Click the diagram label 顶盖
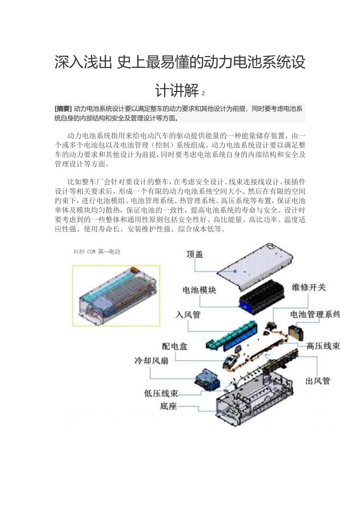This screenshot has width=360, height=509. [x=195, y=254]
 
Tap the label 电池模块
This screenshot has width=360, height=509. [x=199, y=290]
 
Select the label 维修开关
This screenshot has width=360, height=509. [x=308, y=287]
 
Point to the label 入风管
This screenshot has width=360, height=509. [x=188, y=315]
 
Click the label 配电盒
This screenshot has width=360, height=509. [x=175, y=346]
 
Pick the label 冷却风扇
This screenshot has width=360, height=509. [x=151, y=361]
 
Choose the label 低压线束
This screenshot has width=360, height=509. [x=161, y=393]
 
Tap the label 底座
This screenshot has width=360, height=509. [x=168, y=406]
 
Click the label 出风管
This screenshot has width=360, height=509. [x=318, y=381]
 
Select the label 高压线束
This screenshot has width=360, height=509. [x=322, y=346]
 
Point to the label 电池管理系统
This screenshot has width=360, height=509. [x=315, y=314]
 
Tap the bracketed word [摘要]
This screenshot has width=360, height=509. [x=63, y=109]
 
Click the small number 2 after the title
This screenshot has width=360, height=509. [x=203, y=93]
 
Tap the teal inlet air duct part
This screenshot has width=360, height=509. [x=231, y=335]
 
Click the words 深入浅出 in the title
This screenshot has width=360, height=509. [x=83, y=62]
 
